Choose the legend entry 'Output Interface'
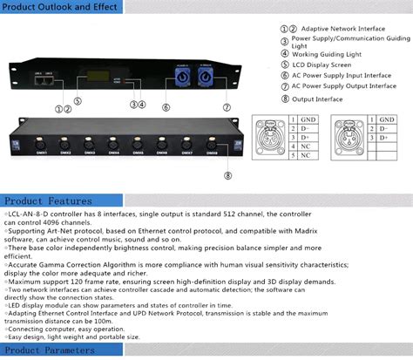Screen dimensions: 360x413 [316, 98]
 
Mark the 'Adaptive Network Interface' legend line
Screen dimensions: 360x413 [340, 29]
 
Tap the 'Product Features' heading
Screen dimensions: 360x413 [44, 200]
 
